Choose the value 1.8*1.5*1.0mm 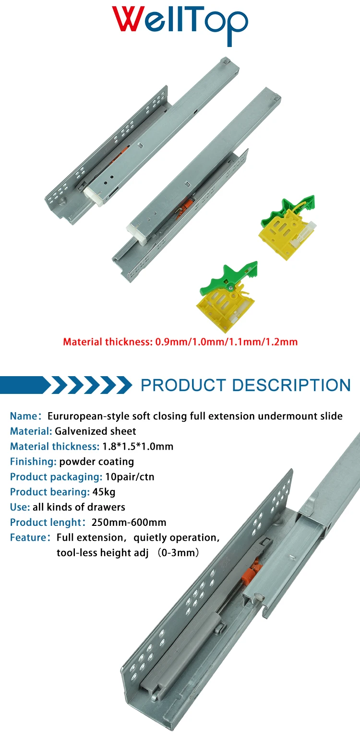pos(138,447)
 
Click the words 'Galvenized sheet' pos(96,431)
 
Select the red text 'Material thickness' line pos(180,342)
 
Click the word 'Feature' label pos(27,537)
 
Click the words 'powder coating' pos(96,462)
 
